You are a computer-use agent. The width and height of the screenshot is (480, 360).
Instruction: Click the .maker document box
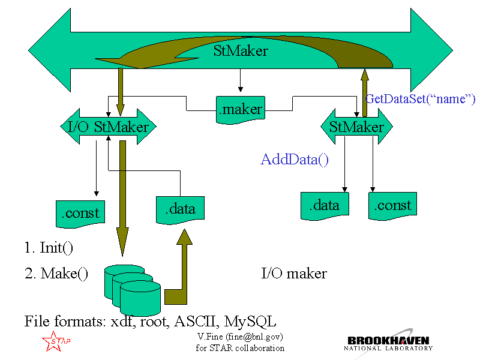239,109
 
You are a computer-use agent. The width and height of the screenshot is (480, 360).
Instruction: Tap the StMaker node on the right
356,127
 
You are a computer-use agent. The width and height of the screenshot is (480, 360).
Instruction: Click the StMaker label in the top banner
240,50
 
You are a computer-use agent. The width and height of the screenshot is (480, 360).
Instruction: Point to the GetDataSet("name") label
420,98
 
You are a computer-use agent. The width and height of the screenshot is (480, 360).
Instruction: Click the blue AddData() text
295,160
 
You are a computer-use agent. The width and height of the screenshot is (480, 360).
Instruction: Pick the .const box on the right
392,205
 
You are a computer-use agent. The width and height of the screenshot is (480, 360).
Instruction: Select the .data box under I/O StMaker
179,209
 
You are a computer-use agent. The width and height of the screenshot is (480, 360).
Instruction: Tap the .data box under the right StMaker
324,205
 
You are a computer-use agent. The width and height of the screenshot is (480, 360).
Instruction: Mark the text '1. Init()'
49,247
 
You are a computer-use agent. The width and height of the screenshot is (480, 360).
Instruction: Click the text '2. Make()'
56,274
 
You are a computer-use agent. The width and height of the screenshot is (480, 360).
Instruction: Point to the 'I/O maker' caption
294,274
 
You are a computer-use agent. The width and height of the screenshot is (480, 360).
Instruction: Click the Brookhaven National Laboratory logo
389,340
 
